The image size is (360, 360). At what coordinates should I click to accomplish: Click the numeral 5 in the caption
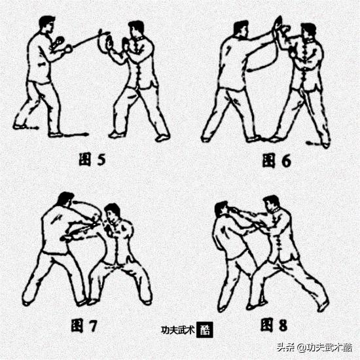(101, 159)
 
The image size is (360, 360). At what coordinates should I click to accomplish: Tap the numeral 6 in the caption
(286, 160)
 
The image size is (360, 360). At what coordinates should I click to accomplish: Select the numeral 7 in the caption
(93, 326)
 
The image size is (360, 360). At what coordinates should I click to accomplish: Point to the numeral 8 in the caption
(283, 325)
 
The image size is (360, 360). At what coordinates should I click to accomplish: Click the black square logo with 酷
(205, 330)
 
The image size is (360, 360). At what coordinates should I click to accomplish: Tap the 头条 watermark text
(285, 348)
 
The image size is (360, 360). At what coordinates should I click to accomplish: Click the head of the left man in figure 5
(46, 23)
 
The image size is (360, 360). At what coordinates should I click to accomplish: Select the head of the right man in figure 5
(136, 29)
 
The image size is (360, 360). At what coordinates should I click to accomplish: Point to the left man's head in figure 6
(241, 29)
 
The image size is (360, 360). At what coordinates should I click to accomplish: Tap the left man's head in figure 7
(66, 199)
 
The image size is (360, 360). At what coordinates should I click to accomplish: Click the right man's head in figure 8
(272, 204)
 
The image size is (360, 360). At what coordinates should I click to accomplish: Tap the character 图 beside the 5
(85, 159)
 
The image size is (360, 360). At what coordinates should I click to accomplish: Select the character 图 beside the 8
(267, 325)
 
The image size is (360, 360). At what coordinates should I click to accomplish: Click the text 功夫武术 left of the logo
(178, 330)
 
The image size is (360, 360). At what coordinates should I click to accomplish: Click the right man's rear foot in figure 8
(323, 306)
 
